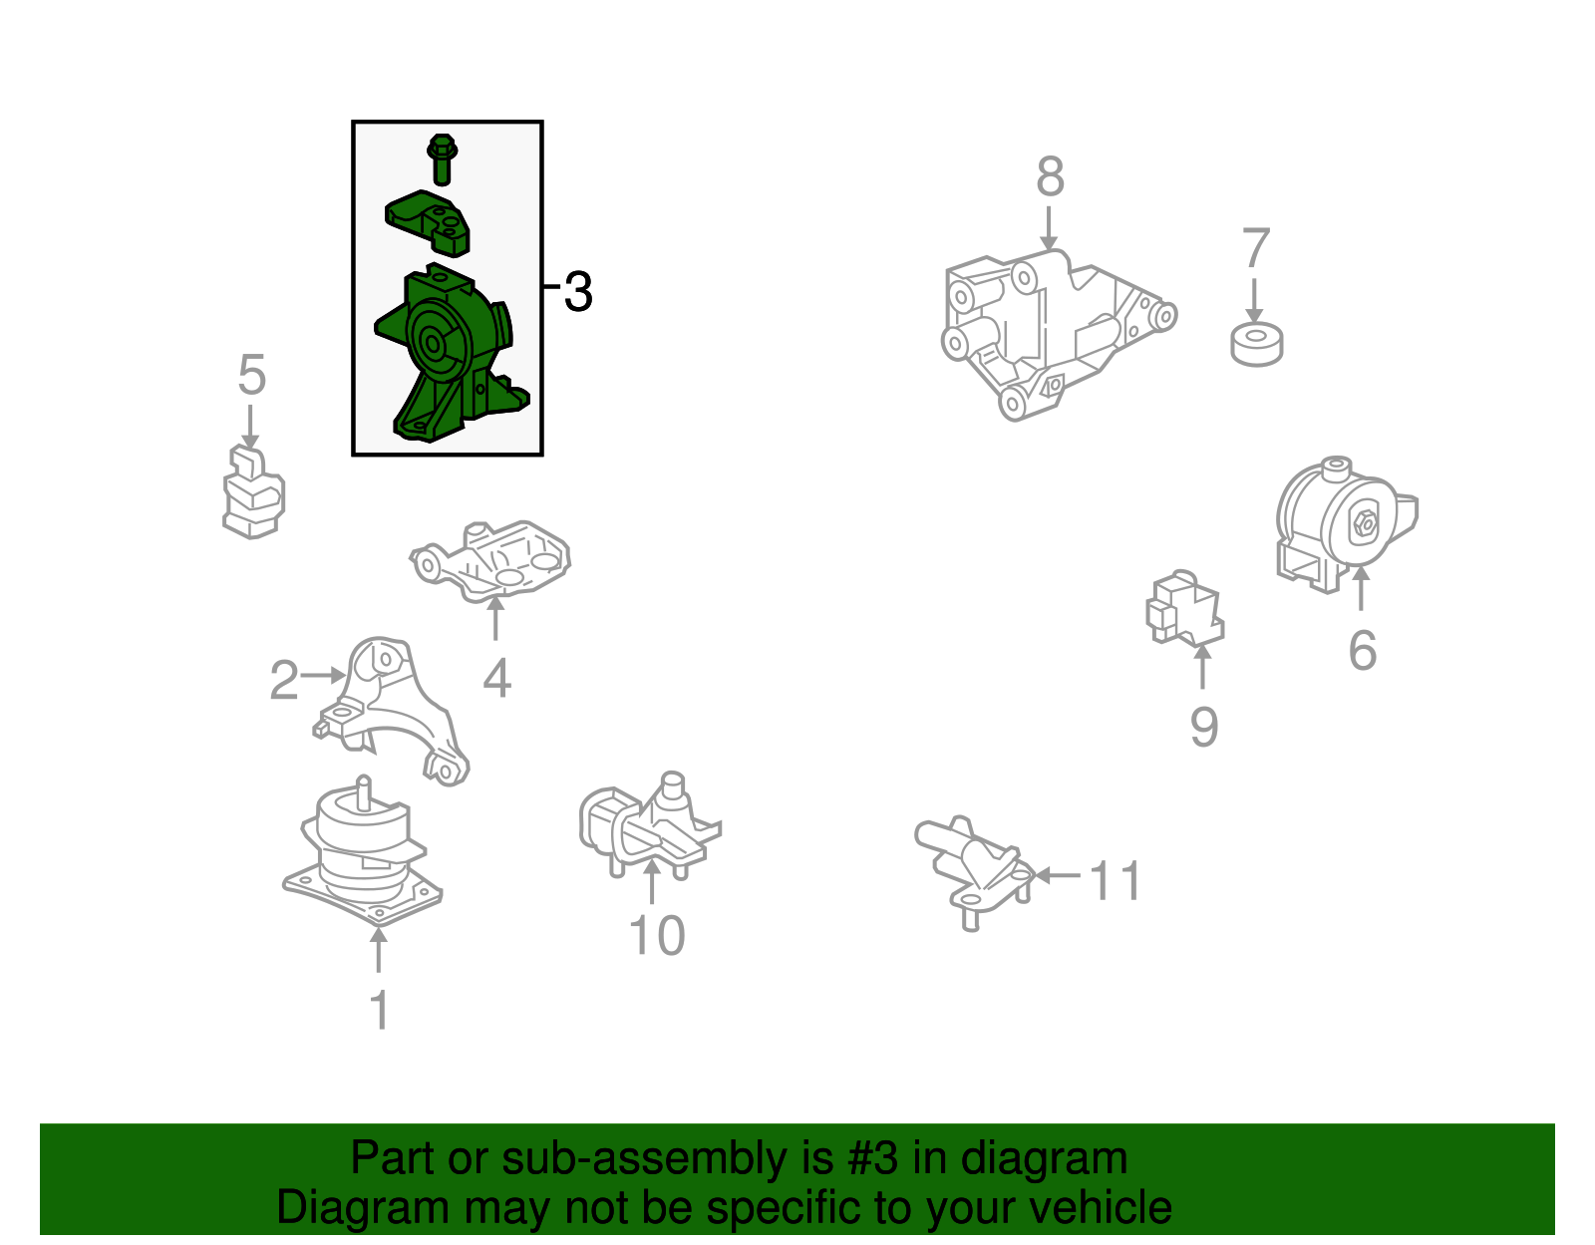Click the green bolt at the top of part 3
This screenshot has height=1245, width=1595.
pyautogui.click(x=442, y=159)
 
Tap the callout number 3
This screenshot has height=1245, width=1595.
pyautogui.click(x=578, y=292)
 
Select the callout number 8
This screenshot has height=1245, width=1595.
pyautogui.click(x=1051, y=176)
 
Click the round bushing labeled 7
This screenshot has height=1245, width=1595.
pyautogui.click(x=1257, y=344)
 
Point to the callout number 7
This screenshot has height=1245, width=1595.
pyautogui.click(x=1256, y=248)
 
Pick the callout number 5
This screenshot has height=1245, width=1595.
pyautogui.click(x=252, y=375)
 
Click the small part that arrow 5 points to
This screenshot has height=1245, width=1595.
pyautogui.click(x=253, y=491)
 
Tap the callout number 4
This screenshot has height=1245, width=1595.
pyautogui.click(x=496, y=679)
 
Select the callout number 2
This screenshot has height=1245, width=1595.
pyautogui.click(x=284, y=680)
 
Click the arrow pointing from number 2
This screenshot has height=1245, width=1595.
pyautogui.click(x=323, y=675)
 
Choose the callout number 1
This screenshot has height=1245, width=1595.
pyautogui.click(x=380, y=1010)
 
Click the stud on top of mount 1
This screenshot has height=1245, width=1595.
pyautogui.click(x=363, y=793)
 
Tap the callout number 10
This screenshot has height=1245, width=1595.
pyautogui.click(x=657, y=935)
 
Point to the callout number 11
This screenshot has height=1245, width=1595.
pyautogui.click(x=1115, y=880)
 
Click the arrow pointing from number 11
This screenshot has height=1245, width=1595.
pyautogui.click(x=1058, y=875)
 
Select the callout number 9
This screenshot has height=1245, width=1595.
pyautogui.click(x=1204, y=727)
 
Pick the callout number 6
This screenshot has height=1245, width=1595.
pyautogui.click(x=1363, y=650)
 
